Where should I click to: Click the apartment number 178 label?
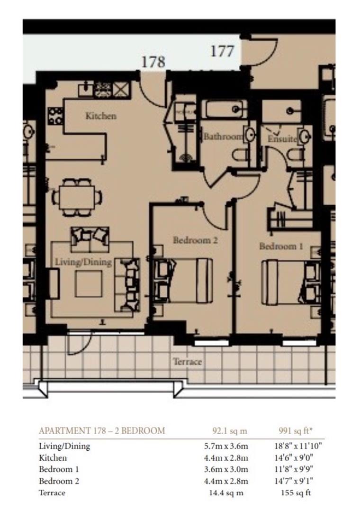click(x=153, y=62)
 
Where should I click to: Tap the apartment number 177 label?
click(x=222, y=51)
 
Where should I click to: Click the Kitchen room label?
click(x=100, y=116)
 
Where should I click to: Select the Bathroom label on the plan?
click(x=223, y=137)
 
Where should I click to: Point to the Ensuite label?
click(x=282, y=139)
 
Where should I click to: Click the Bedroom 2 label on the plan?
click(x=195, y=240)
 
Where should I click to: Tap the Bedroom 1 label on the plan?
click(x=281, y=247)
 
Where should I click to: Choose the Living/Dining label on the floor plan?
click(x=83, y=262)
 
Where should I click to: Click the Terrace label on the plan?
click(x=187, y=362)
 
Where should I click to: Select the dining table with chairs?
click(x=76, y=195)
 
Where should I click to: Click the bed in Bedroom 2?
click(x=183, y=281)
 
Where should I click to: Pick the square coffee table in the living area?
click(x=89, y=284)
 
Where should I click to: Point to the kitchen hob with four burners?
click(x=56, y=116)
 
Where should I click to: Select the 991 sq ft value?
click(x=296, y=431)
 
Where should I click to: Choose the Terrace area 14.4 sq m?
click(x=225, y=493)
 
